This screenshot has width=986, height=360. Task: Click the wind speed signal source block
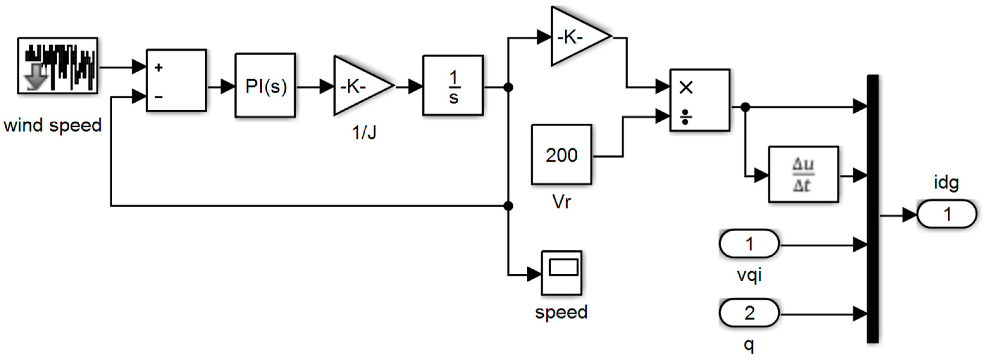pos(58,65)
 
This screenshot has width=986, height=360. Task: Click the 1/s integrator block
pos(453,85)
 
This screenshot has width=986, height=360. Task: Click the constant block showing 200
pos(561,155)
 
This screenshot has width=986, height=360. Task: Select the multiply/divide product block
pos(700,100)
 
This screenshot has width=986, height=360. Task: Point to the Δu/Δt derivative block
pos(803,174)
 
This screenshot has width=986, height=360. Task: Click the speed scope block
pos(561,273)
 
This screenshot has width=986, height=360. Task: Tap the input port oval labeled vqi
pos(749,244)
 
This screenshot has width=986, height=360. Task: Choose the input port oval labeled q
pos(749,313)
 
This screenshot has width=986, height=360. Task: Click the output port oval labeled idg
pos(947,214)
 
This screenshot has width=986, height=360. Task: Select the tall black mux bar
pos(873,209)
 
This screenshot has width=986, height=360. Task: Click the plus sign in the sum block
pos(158,68)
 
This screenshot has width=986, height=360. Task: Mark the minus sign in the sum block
pos(158,97)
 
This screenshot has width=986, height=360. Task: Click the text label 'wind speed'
pos(53,125)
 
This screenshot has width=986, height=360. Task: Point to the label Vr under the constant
pos(561,202)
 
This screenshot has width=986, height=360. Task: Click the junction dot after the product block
pos(745,107)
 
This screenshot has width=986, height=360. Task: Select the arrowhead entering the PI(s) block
pos(228,87)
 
